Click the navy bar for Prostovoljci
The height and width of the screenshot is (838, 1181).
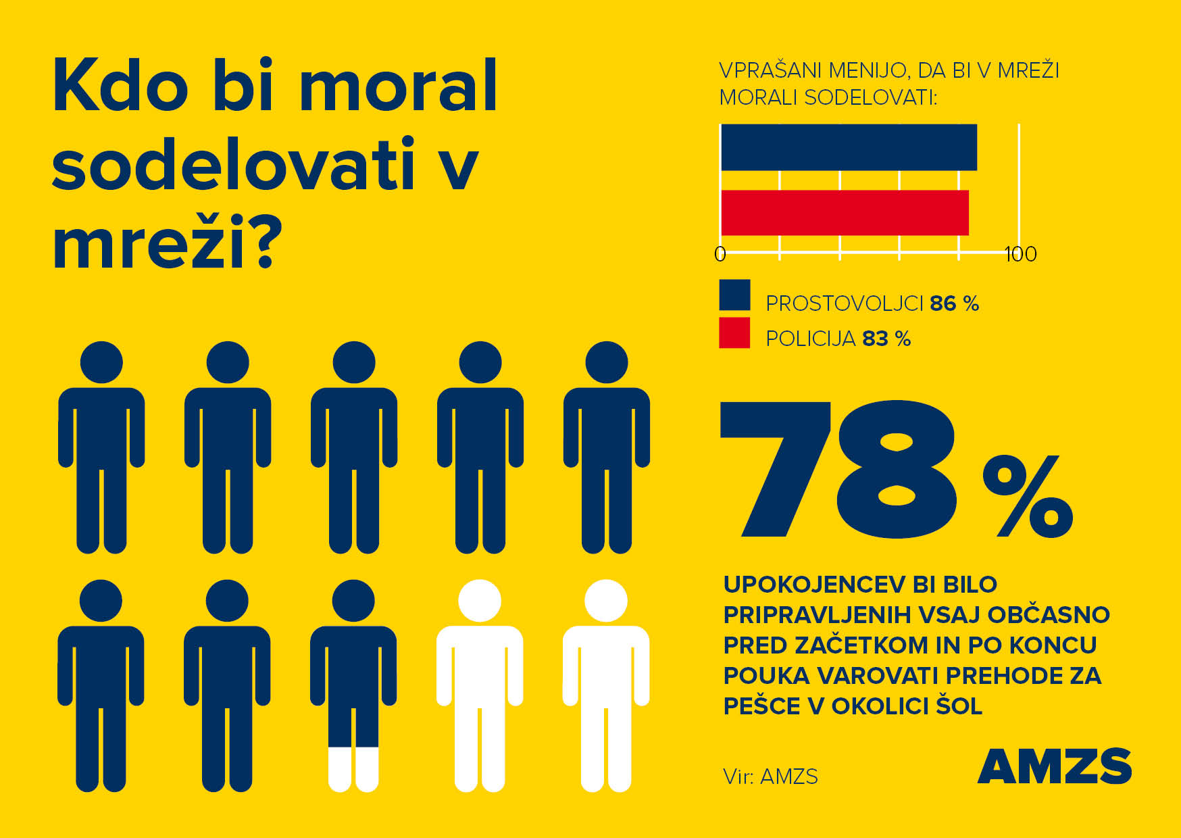tap(849, 147)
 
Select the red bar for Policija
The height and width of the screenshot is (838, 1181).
tap(845, 213)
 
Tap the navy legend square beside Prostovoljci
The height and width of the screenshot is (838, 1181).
tap(734, 295)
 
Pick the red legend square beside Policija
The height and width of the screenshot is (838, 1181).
tap(734, 332)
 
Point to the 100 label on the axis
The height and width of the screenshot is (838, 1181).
tap(1020, 255)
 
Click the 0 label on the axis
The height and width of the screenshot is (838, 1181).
tap(720, 255)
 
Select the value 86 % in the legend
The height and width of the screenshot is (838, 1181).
tap(954, 303)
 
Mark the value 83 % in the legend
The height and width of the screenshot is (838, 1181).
tap(886, 338)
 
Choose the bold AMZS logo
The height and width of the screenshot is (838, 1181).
tap(1054, 767)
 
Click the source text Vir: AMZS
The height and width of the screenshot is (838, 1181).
tap(770, 777)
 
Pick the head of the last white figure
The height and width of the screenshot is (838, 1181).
tap(606, 601)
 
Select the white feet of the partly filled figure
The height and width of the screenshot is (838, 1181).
tap(353, 769)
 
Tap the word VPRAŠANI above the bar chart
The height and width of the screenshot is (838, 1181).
tap(770, 70)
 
